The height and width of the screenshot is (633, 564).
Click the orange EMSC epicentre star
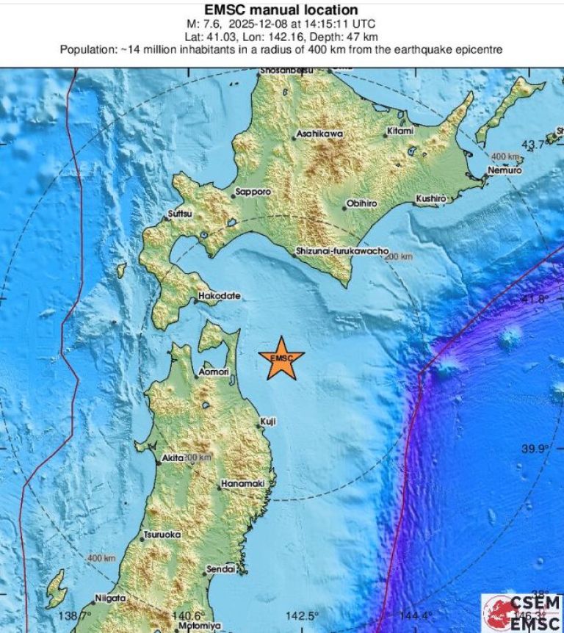pos(281,358)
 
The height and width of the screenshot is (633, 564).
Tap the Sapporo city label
pos(253,192)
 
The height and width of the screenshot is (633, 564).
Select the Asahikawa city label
pos(319,134)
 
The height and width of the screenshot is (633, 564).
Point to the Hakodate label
pos(219,297)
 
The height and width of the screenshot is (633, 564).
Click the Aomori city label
pos(214,373)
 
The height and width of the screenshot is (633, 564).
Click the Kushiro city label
pos(430,198)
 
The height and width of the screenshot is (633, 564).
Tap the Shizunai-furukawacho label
pos(342,250)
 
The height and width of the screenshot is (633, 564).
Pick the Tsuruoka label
pos(162,535)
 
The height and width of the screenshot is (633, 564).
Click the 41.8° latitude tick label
pos(535,299)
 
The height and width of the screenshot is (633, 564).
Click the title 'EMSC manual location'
pos(281,10)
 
